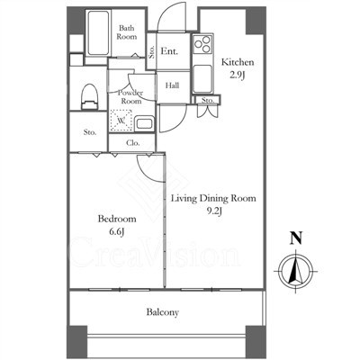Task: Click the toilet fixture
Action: pos(89,96)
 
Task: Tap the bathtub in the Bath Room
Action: pos(98,33)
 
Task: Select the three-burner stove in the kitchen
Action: pos(202,44)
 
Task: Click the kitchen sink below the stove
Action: pos(202,79)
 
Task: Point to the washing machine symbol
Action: pos(121,121)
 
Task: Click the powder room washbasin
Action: pos(144,124)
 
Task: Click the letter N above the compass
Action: pos(296,238)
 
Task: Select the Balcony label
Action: pos(163,312)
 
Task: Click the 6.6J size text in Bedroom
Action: pos(117,232)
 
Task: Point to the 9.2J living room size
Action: pos(214,211)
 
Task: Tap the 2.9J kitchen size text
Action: pos(238,75)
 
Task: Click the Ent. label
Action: pos(169,51)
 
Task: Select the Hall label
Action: pos(172,85)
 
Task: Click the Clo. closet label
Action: pos(133,143)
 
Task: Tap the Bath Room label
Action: pos(127,32)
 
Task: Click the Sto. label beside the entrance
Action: pos(151,52)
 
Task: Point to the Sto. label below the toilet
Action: pos(90,132)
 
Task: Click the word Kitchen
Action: pos(238,62)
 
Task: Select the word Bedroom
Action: pos(117,219)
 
